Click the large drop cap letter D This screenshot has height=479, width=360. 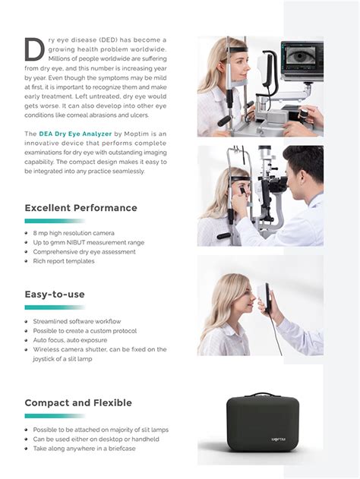[34, 48]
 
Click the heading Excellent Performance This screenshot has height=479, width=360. [81, 208]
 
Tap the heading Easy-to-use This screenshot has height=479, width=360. [55, 294]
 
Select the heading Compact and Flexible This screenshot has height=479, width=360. [78, 403]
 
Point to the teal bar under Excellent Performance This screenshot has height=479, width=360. [54, 221]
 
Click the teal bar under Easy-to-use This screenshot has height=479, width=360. [54, 307]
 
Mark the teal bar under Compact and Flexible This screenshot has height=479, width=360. [54, 416]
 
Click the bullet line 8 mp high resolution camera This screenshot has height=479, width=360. [74, 233]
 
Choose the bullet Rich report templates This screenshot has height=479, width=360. [64, 261]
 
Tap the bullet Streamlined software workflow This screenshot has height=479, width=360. [77, 322]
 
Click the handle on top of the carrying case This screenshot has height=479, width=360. [261, 396]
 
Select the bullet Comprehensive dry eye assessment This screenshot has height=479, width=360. [84, 252]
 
